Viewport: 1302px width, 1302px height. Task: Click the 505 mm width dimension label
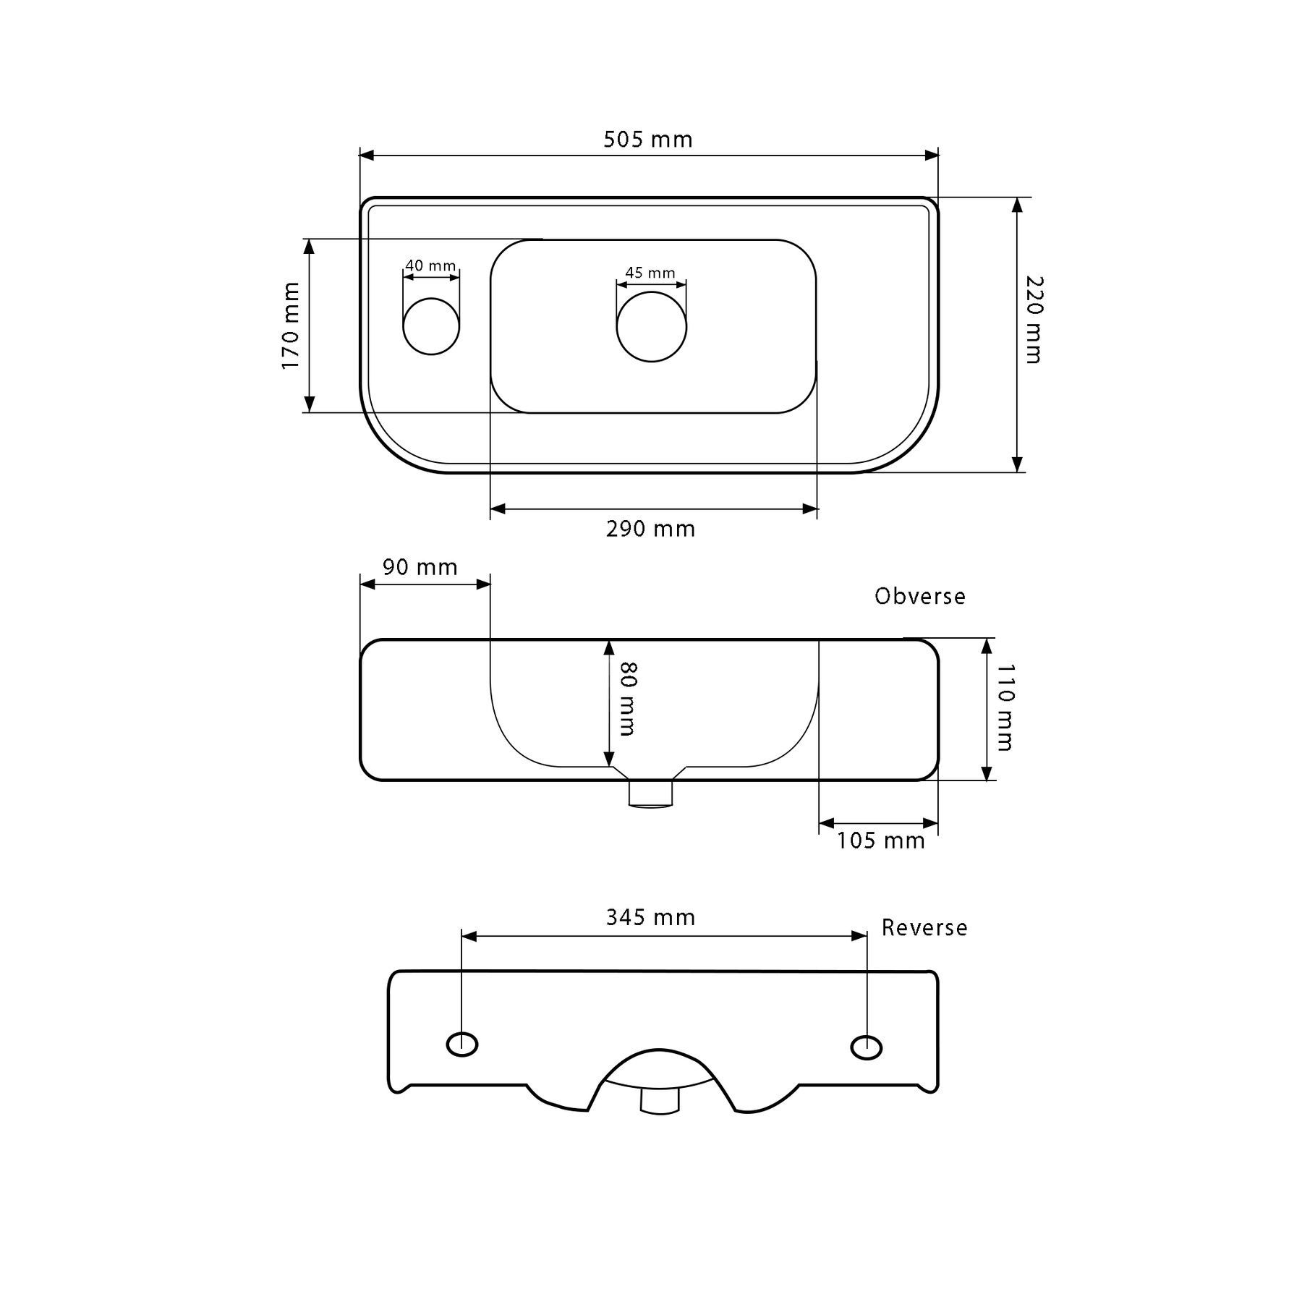pos(648,139)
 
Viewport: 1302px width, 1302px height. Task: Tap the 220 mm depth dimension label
pos(1034,319)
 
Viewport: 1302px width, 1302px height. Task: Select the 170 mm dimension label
pos(291,325)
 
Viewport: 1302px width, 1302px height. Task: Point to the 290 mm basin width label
pos(650,529)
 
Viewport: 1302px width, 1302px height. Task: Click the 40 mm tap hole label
pos(430,265)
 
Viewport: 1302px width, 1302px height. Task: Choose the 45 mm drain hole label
pos(650,273)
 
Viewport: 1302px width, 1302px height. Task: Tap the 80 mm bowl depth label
pos(627,698)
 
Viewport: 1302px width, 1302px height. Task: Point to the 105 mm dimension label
pos(881,841)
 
